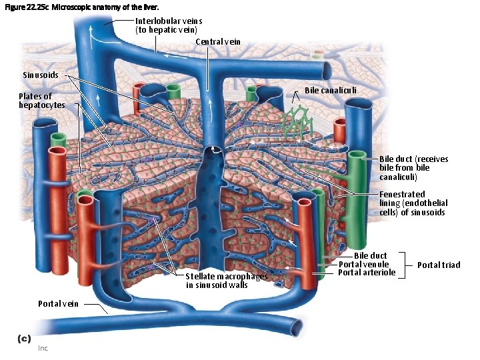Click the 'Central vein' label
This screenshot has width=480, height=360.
[218, 42]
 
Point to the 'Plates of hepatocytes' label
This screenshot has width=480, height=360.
[41, 101]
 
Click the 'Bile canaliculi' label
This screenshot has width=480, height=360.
[330, 90]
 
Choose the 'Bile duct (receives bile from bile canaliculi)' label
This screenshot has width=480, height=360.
[413, 168]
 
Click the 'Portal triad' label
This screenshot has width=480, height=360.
[438, 265]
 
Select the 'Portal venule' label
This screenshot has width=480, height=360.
[363, 264]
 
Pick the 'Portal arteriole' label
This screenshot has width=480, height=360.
[367, 272]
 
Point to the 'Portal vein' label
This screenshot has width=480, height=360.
[58, 303]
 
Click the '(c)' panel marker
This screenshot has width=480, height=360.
[24, 338]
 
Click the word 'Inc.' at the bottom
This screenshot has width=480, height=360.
[43, 348]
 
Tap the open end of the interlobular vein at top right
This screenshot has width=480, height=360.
[327, 69]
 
